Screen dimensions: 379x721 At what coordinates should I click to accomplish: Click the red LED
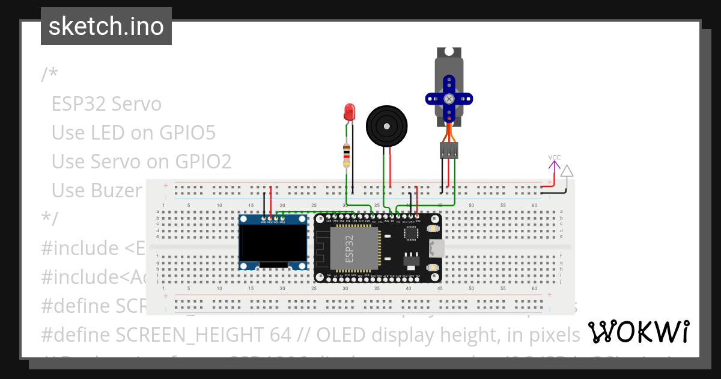(x=349, y=112)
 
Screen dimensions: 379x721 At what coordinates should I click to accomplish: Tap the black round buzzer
(x=388, y=126)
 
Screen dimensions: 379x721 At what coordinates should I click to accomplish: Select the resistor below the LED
(x=346, y=155)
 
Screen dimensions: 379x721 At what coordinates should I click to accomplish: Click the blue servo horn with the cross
(x=449, y=98)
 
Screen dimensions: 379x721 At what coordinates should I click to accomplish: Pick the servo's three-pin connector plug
(x=449, y=150)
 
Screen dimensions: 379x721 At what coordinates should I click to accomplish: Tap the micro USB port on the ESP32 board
(x=437, y=248)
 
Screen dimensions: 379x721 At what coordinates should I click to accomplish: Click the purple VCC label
(x=554, y=158)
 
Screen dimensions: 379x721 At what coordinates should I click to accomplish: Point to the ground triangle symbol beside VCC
(x=567, y=171)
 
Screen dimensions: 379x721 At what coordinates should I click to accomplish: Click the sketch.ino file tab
(x=106, y=26)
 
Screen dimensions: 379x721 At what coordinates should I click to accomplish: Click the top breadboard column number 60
(x=534, y=206)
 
